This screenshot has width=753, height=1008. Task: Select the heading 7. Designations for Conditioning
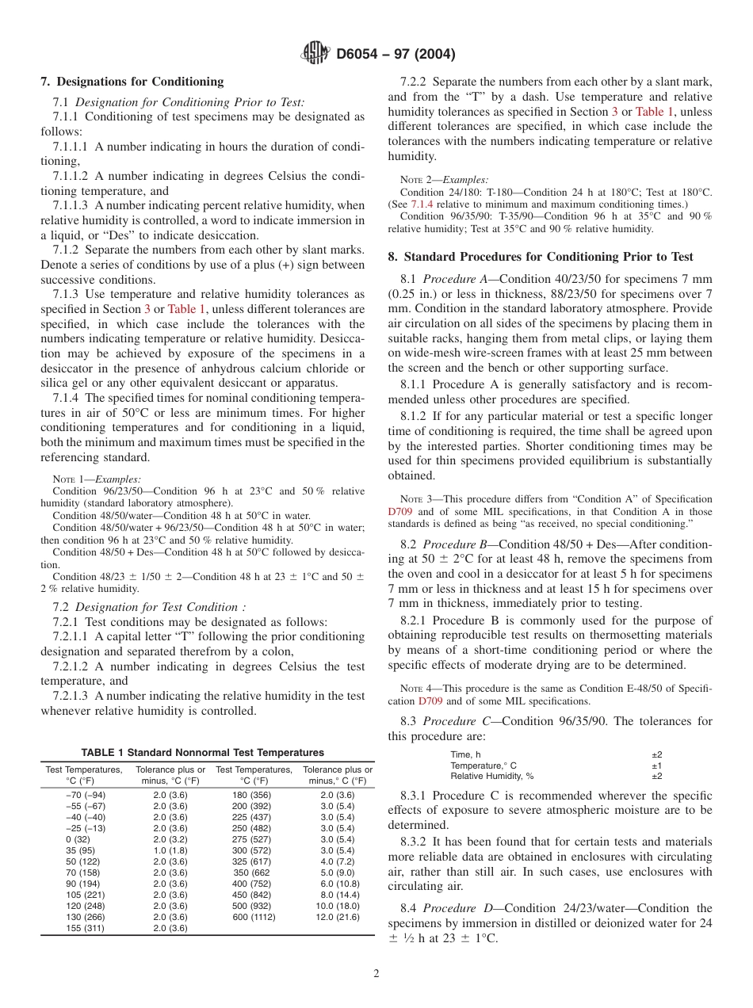132,82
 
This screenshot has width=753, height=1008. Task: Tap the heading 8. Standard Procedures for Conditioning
541,257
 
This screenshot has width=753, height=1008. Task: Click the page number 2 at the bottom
376,974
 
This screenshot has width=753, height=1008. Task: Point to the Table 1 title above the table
202,752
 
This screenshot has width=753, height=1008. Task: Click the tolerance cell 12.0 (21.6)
337,917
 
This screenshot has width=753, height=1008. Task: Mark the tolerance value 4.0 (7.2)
337,861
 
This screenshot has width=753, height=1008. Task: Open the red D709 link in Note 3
399,512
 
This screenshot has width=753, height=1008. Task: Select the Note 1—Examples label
97,479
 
